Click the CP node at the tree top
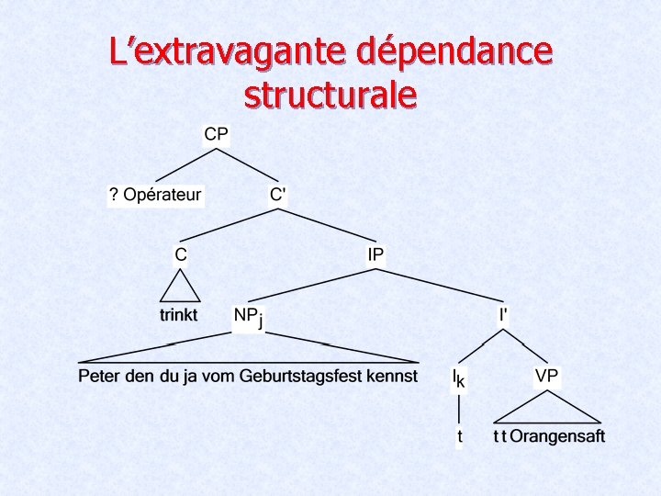[217, 134]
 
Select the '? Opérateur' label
[155, 195]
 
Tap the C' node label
[278, 195]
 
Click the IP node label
[375, 254]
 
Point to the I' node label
[504, 314]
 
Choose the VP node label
[546, 376]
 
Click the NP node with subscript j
[247, 316]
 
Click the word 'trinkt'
[179, 315]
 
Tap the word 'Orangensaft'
[557, 436]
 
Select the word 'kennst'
[392, 377]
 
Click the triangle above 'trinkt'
[180, 287]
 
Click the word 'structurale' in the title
[330, 94]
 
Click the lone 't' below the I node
[460, 437]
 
